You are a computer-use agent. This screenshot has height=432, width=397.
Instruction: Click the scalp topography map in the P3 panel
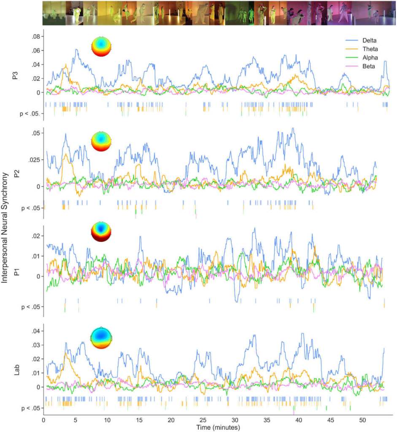103,46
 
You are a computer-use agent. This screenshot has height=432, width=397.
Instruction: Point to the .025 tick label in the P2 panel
32,160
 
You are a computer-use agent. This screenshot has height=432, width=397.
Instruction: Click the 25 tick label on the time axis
203,421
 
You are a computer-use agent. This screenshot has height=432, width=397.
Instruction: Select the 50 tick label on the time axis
362,421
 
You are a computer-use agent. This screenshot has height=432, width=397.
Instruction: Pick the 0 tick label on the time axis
43,421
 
